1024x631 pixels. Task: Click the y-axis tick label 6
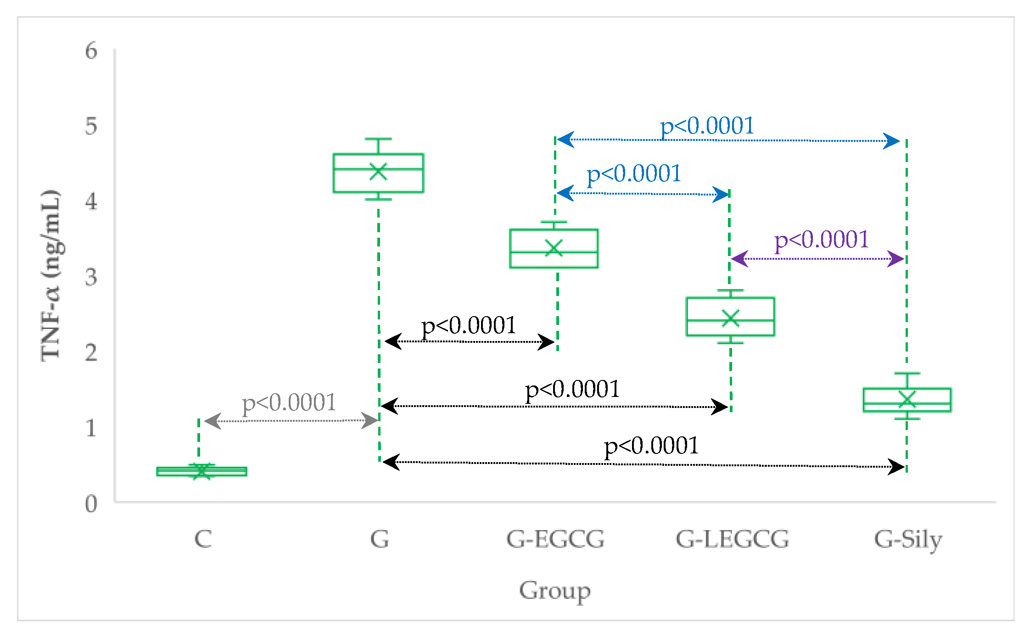[91, 51]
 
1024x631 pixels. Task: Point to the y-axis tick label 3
[91, 277]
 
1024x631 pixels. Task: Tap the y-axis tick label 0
[91, 504]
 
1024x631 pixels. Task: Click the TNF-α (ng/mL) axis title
[51, 275]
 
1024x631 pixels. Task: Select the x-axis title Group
[554, 591]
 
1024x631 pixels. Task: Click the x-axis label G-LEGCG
[732, 539]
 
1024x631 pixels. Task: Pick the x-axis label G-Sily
[908, 540]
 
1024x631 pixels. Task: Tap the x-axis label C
[203, 539]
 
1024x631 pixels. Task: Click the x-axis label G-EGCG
[555, 539]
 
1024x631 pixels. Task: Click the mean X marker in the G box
[378, 171]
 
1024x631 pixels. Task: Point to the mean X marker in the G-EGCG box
[554, 248]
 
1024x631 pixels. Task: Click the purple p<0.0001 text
[821, 240]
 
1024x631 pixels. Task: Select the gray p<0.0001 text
[289, 403]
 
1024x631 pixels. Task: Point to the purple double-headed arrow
[817, 259]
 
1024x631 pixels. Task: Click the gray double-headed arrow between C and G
[291, 420]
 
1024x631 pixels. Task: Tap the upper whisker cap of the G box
[378, 139]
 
